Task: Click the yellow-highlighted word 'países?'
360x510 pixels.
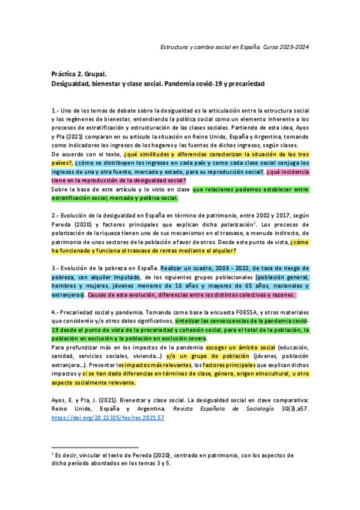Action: click(x=61, y=162)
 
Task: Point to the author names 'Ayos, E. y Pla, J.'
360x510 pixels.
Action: click(x=78, y=399)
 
